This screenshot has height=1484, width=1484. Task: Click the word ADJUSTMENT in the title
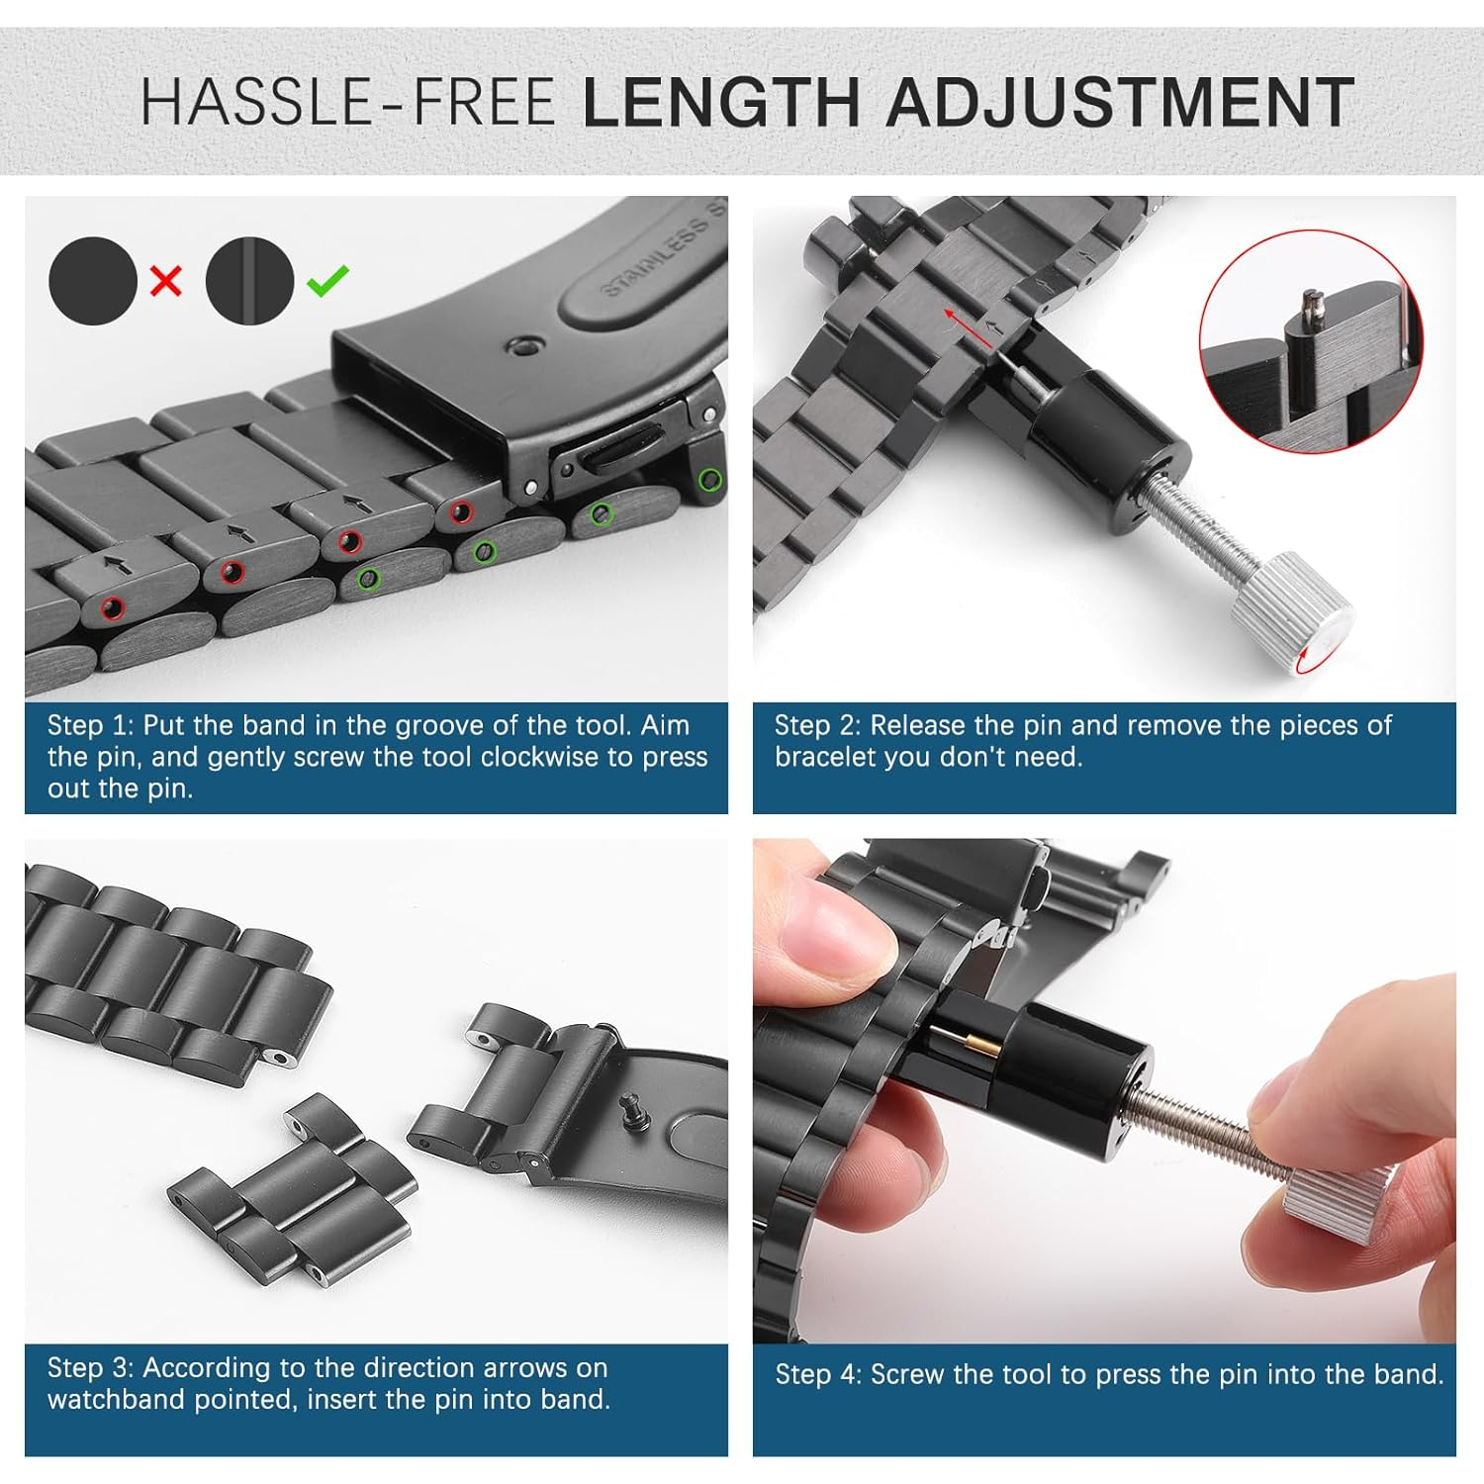[x=1120, y=103]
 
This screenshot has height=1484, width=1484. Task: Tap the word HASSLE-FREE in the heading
[x=347, y=103]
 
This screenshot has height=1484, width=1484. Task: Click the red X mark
[x=166, y=281]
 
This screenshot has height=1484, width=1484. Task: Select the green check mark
[x=327, y=280]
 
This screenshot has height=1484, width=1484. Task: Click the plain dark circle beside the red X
[x=93, y=281]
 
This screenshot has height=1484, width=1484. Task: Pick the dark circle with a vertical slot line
[x=250, y=281]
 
